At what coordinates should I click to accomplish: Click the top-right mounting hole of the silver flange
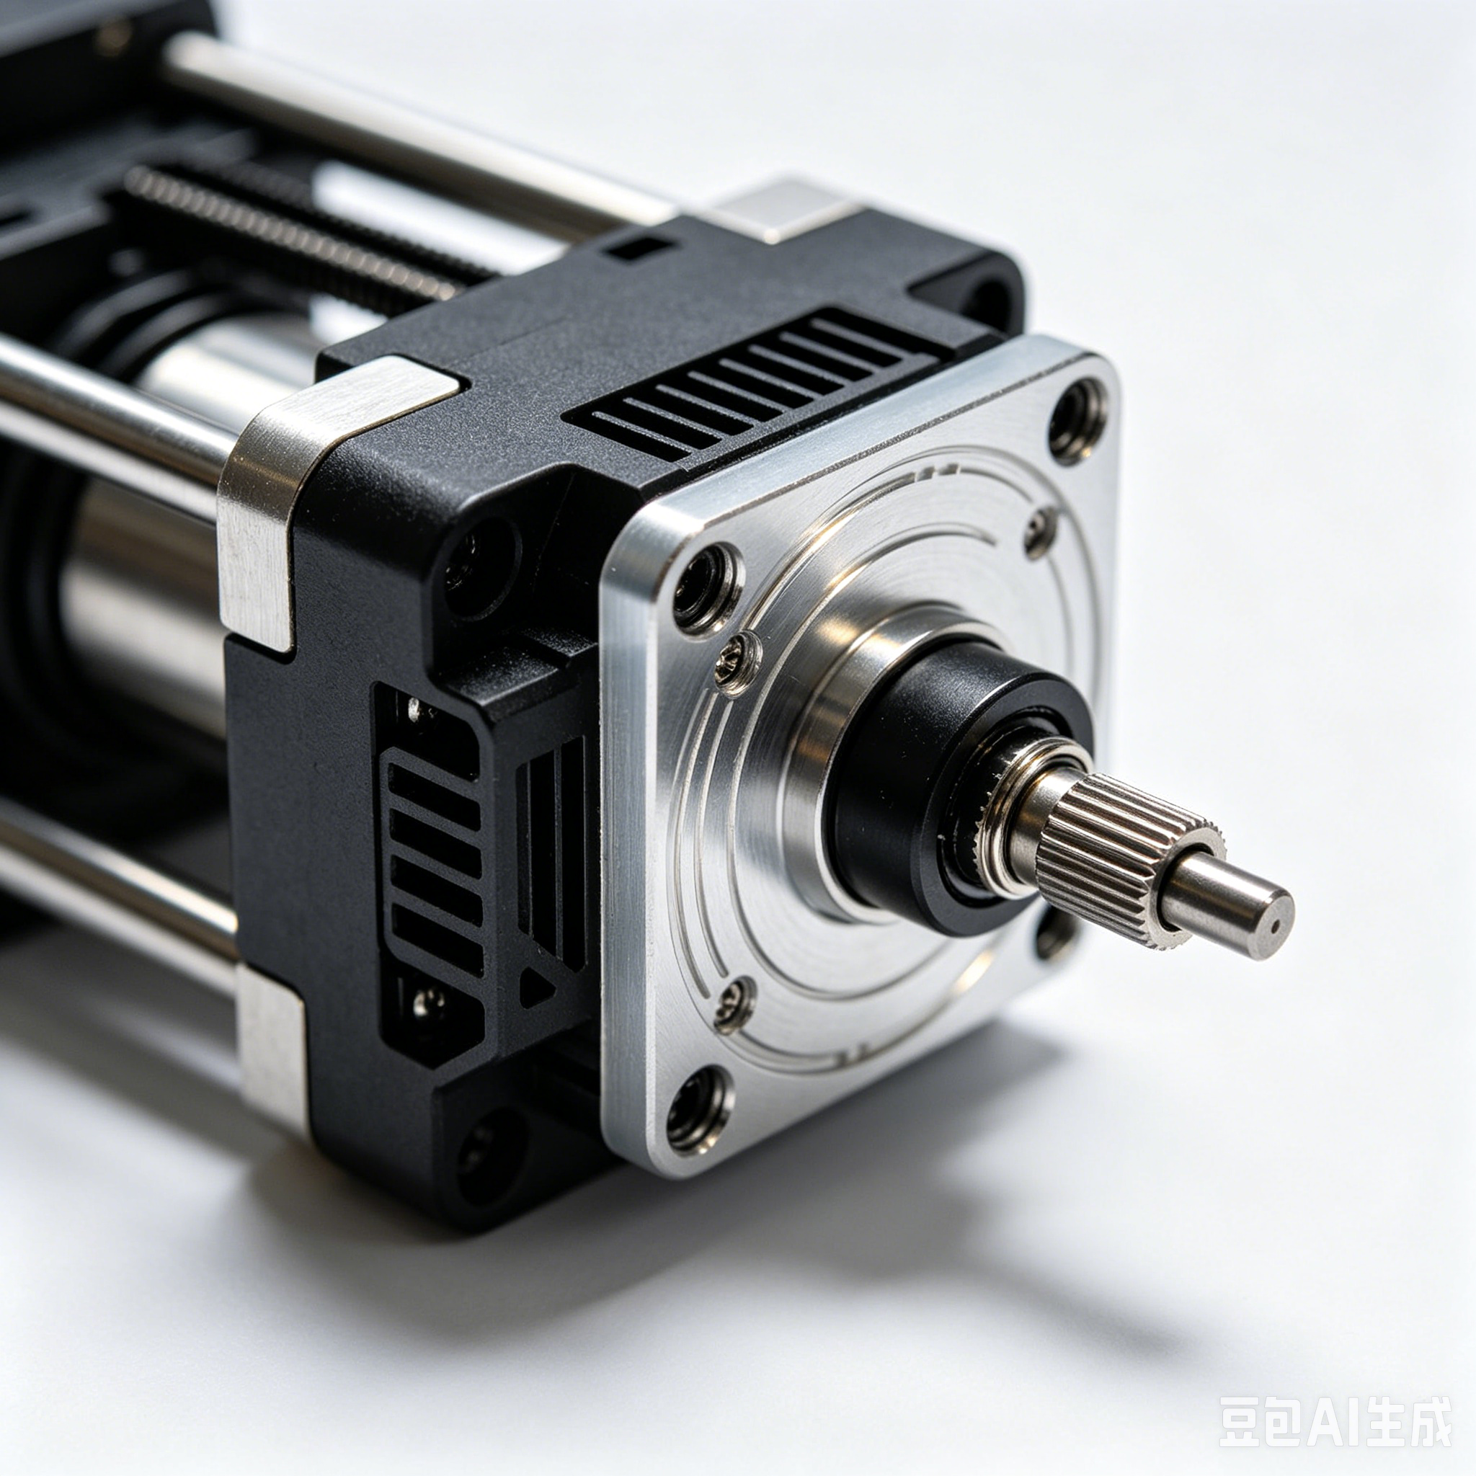1078,419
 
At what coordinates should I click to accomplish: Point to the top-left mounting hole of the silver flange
707,588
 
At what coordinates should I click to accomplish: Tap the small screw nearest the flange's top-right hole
1040,532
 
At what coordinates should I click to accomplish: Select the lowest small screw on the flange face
734,1004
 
